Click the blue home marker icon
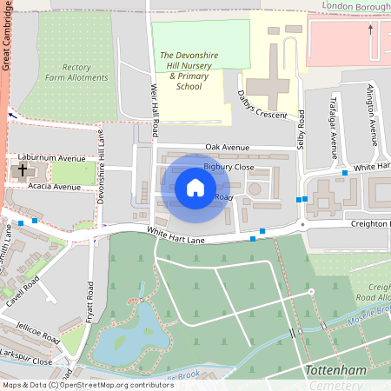tap(195, 188)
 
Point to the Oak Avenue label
tap(228, 147)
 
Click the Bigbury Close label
tap(229, 166)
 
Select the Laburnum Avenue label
tap(56, 159)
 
